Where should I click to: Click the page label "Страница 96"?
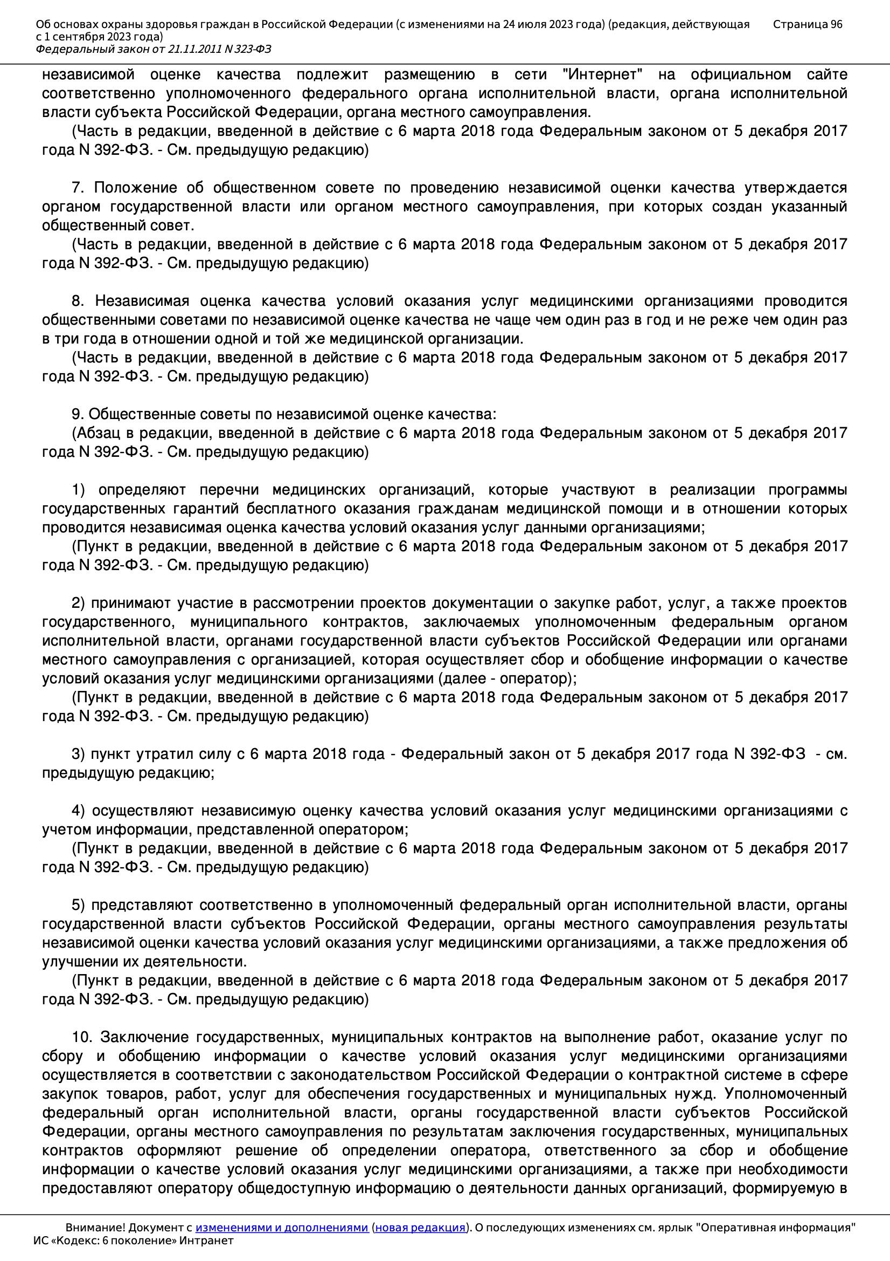coord(807,24)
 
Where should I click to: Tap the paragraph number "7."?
coord(78,188)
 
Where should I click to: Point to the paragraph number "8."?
coord(78,301)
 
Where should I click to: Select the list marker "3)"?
coord(78,754)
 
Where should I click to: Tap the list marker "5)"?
coord(78,904)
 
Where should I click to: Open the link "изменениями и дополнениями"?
coord(281,1228)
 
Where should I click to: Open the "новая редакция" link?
coord(420,1228)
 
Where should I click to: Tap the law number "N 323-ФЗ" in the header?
coord(247,50)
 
